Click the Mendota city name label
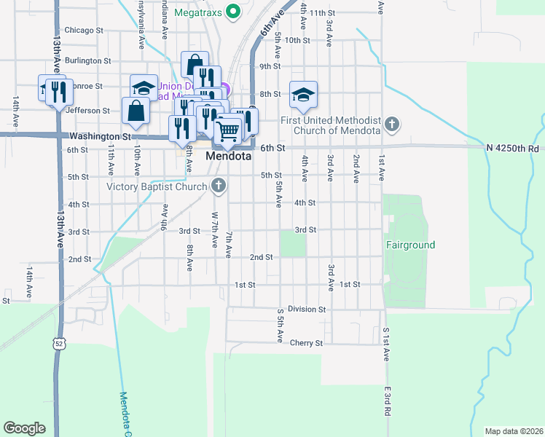tap(228, 157)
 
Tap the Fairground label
tap(410, 245)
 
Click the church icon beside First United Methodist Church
tap(392, 124)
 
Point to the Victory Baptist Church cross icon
tap(217, 186)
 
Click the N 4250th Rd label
tap(513, 148)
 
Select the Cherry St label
tap(305, 342)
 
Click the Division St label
tap(306, 310)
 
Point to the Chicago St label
tap(84, 31)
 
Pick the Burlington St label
tap(87, 61)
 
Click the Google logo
tap(24, 428)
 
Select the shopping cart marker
tap(228, 130)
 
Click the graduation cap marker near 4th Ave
tap(303, 94)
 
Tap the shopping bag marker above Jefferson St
tap(136, 110)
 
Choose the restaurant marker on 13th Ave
tap(59, 92)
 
